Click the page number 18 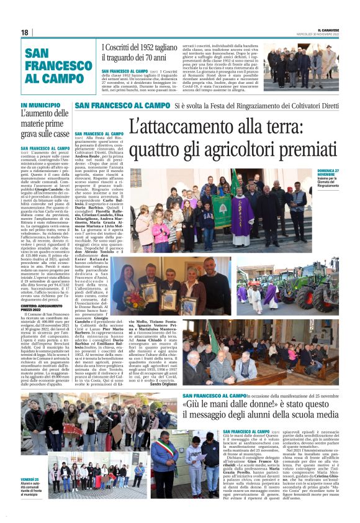coord(24,32)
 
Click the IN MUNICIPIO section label coord(40,105)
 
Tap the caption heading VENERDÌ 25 coord(29,480)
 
